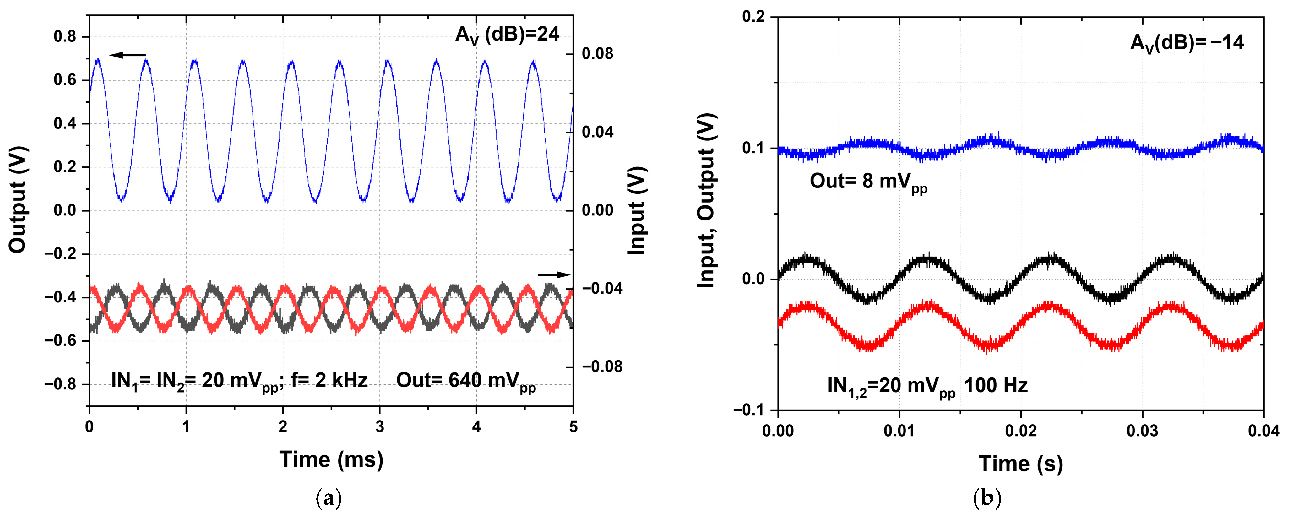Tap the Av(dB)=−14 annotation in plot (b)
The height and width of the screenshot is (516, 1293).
pyautogui.click(x=1187, y=43)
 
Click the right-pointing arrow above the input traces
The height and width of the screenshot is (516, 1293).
pyautogui.click(x=554, y=274)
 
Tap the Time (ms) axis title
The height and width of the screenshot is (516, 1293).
pyautogui.click(x=331, y=459)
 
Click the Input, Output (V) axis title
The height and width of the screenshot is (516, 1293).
pyautogui.click(x=707, y=201)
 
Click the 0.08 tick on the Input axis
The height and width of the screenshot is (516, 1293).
pyautogui.click(x=597, y=54)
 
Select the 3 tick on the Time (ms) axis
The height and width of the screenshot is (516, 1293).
pyautogui.click(x=380, y=427)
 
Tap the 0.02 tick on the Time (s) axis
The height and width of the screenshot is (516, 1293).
pyautogui.click(x=1020, y=431)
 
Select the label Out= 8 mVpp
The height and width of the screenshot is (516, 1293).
pyautogui.click(x=868, y=182)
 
